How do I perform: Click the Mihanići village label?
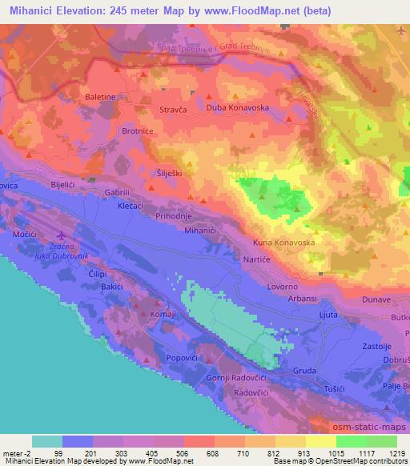[x=200, y=230]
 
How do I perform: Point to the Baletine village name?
[x=102, y=96]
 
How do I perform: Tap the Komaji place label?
[x=163, y=315]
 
